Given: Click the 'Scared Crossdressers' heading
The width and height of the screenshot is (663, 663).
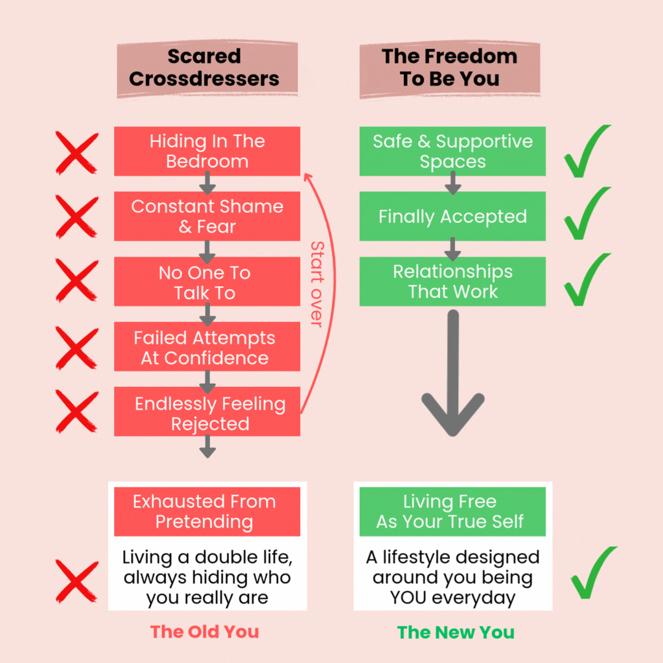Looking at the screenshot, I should tap(204, 68).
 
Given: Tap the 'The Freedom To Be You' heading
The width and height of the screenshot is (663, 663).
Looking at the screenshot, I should tap(449, 68).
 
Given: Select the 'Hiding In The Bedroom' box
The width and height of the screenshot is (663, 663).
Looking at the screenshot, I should tap(207, 151).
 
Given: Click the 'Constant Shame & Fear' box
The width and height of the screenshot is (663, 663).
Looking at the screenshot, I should tap(207, 216).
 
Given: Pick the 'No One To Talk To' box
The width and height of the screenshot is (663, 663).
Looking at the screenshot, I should tap(207, 282).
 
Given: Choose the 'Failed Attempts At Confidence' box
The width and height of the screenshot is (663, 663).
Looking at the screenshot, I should tap(207, 347).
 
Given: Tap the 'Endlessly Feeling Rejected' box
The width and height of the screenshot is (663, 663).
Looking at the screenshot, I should tap(207, 413).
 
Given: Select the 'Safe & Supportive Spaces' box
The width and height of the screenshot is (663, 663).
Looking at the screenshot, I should tap(452, 151).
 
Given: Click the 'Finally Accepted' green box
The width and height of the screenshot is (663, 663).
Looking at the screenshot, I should tap(452, 216).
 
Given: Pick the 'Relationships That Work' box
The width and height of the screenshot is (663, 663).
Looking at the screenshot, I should tap(452, 281).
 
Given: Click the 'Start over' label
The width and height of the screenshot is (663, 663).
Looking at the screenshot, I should tap(316, 284).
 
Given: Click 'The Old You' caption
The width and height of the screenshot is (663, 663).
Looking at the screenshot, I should tap(204, 632).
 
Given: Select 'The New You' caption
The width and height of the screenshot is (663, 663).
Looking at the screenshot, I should tap(456, 632).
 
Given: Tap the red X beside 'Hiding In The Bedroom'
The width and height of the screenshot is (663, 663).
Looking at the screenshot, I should tap(77, 153).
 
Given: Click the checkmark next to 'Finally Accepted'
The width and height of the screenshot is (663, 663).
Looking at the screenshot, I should tap(587, 214).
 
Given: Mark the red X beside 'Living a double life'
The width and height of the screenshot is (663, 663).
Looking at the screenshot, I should tap(77, 580).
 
